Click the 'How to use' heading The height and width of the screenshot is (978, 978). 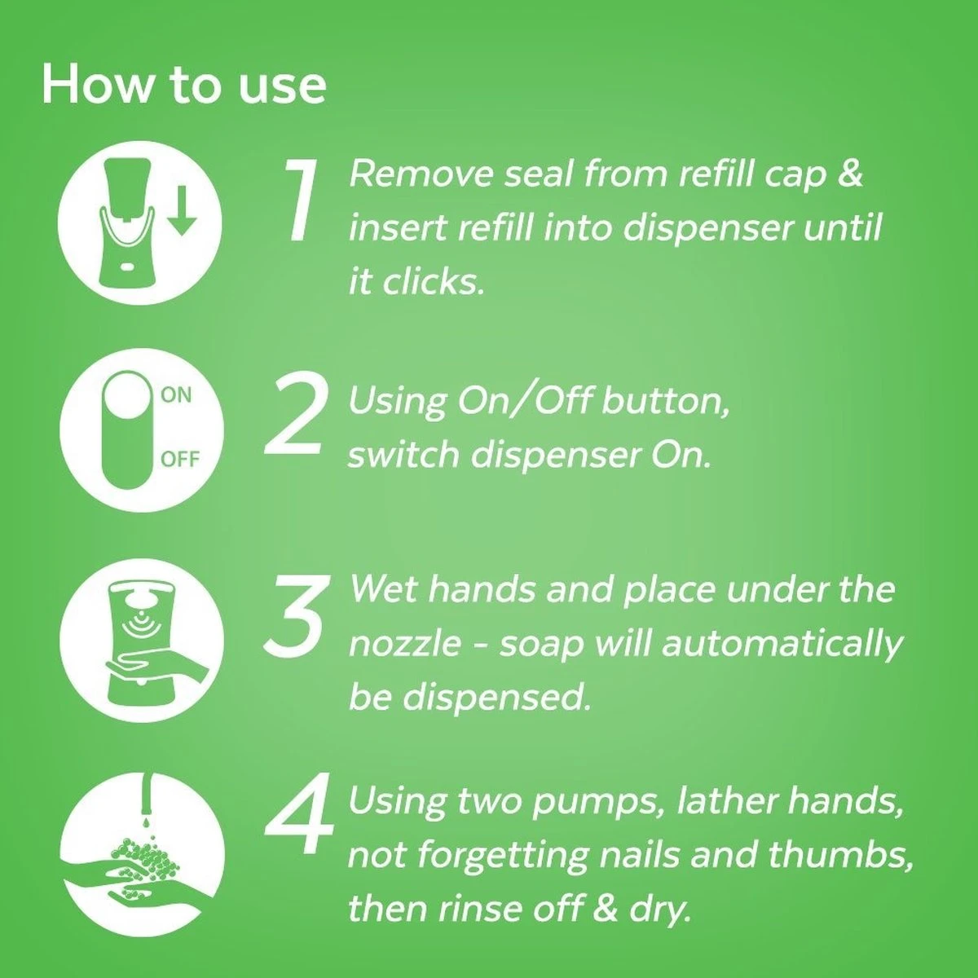click(183, 85)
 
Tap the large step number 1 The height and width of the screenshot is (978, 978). click(302, 200)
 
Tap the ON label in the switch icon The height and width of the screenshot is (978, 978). click(176, 395)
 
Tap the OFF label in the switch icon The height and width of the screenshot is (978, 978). click(179, 459)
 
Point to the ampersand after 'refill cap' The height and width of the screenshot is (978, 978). click(849, 174)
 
